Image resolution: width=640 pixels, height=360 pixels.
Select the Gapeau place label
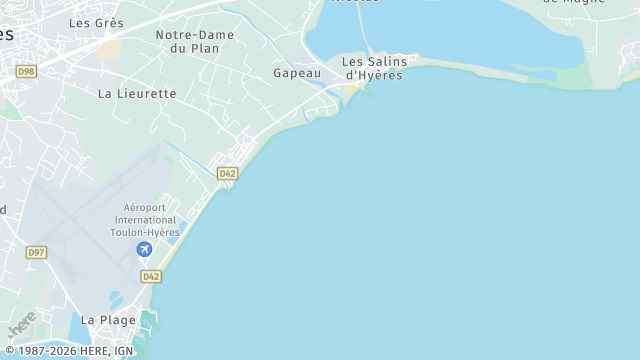click(297, 73)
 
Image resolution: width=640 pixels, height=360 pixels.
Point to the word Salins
click(381, 61)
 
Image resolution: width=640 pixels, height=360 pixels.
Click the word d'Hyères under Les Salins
click(373, 75)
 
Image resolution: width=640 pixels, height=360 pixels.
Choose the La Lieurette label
click(137, 94)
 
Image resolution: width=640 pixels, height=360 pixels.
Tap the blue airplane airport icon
click(145, 249)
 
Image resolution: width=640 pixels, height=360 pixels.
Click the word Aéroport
click(145, 208)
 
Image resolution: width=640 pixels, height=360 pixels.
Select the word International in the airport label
click(145, 220)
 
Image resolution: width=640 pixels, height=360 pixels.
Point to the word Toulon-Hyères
click(145, 232)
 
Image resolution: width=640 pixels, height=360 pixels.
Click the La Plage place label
click(102, 320)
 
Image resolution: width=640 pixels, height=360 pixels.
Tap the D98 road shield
click(26, 71)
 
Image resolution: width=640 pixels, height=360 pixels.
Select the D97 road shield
click(36, 253)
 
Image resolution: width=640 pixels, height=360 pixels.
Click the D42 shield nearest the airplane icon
click(150, 276)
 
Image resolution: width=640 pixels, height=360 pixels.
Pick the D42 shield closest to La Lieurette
click(228, 174)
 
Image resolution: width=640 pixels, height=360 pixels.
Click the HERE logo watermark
click(21, 326)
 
